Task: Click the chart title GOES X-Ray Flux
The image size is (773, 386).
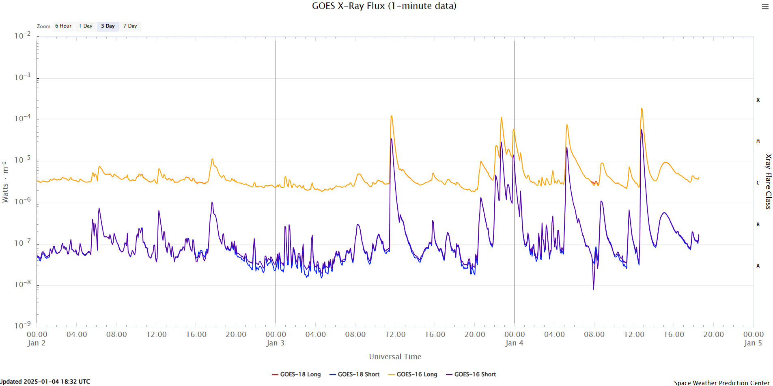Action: click(x=384, y=6)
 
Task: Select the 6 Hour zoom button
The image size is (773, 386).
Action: click(x=63, y=26)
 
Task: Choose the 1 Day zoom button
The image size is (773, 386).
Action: click(x=86, y=26)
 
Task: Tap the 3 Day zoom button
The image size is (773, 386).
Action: click(x=108, y=26)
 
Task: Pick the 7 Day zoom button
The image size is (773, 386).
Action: click(x=130, y=26)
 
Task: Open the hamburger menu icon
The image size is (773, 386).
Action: click(x=765, y=7)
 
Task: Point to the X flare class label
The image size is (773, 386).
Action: click(x=758, y=100)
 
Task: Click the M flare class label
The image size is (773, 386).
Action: click(x=758, y=142)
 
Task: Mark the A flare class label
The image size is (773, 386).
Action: click(x=758, y=266)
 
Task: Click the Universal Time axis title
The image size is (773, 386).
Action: click(x=395, y=357)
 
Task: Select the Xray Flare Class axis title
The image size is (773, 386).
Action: click(x=768, y=181)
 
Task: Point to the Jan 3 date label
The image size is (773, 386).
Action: click(x=276, y=343)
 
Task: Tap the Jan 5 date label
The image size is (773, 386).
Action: click(x=753, y=343)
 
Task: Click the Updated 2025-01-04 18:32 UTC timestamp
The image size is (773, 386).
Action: click(x=45, y=382)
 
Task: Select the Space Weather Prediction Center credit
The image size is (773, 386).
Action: click(x=721, y=383)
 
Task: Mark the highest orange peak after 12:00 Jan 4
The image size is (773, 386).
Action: click(x=642, y=109)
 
